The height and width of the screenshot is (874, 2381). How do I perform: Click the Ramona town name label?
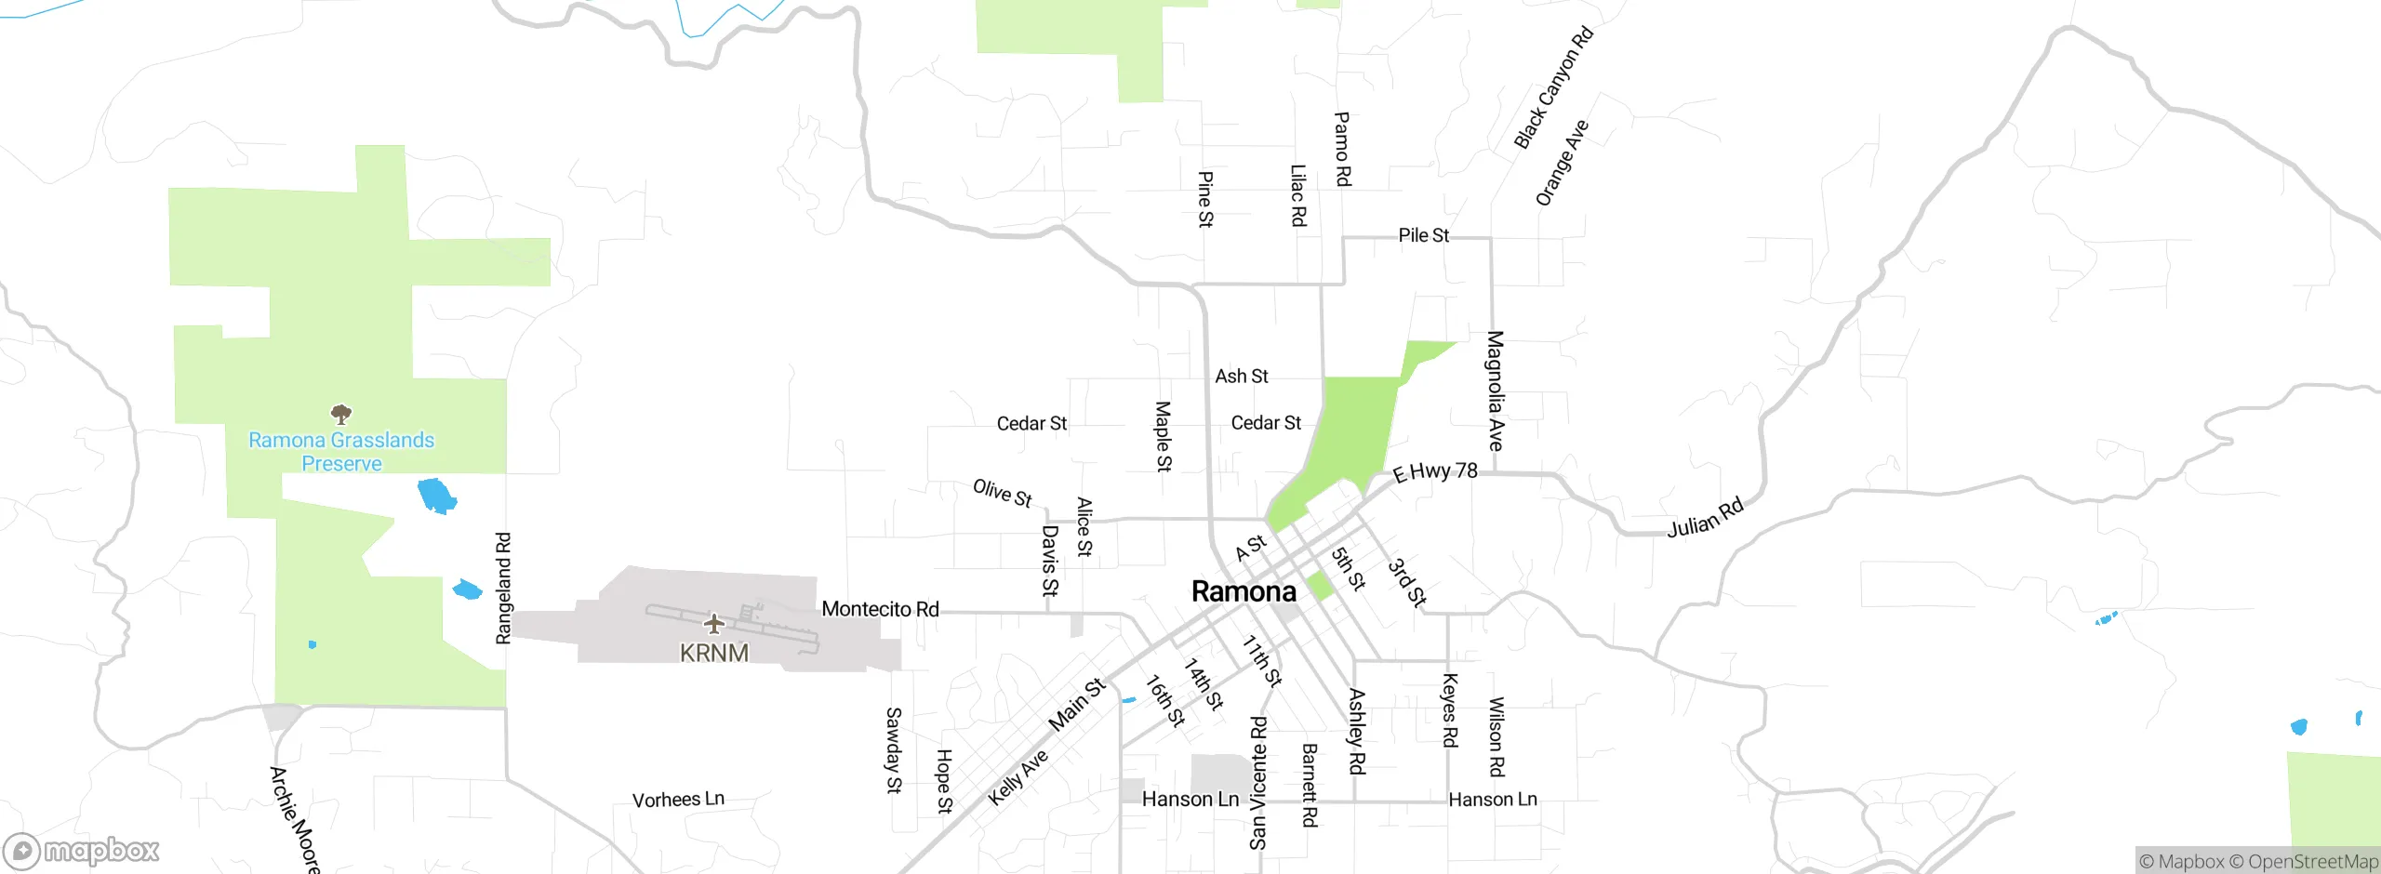(1244, 591)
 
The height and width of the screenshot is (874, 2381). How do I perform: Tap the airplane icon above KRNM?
(713, 622)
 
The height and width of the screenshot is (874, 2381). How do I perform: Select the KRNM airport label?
(713, 653)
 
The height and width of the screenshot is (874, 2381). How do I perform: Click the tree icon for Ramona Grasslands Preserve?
(341, 414)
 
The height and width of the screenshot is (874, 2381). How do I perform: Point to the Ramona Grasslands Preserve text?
(341, 452)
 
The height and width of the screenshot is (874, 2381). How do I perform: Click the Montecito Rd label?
(880, 609)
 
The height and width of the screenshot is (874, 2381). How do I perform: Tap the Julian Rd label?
(1705, 519)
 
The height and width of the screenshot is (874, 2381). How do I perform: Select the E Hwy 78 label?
(1435, 472)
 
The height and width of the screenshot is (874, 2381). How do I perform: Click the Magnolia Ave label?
(1495, 391)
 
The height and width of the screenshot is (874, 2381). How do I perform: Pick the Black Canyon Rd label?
(1553, 88)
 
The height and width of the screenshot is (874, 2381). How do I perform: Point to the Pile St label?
(1423, 235)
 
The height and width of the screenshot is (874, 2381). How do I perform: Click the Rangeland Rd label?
(503, 588)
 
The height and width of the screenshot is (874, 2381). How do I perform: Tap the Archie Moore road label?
(294, 818)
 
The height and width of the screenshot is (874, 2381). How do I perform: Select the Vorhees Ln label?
(678, 800)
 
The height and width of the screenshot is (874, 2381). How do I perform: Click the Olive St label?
(1002, 493)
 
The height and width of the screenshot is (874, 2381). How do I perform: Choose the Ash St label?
(1241, 377)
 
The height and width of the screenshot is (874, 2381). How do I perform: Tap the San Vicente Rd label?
(1258, 783)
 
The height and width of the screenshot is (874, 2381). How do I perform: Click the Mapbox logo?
(82, 851)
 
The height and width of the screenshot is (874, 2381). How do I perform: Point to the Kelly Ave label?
(1018, 777)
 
